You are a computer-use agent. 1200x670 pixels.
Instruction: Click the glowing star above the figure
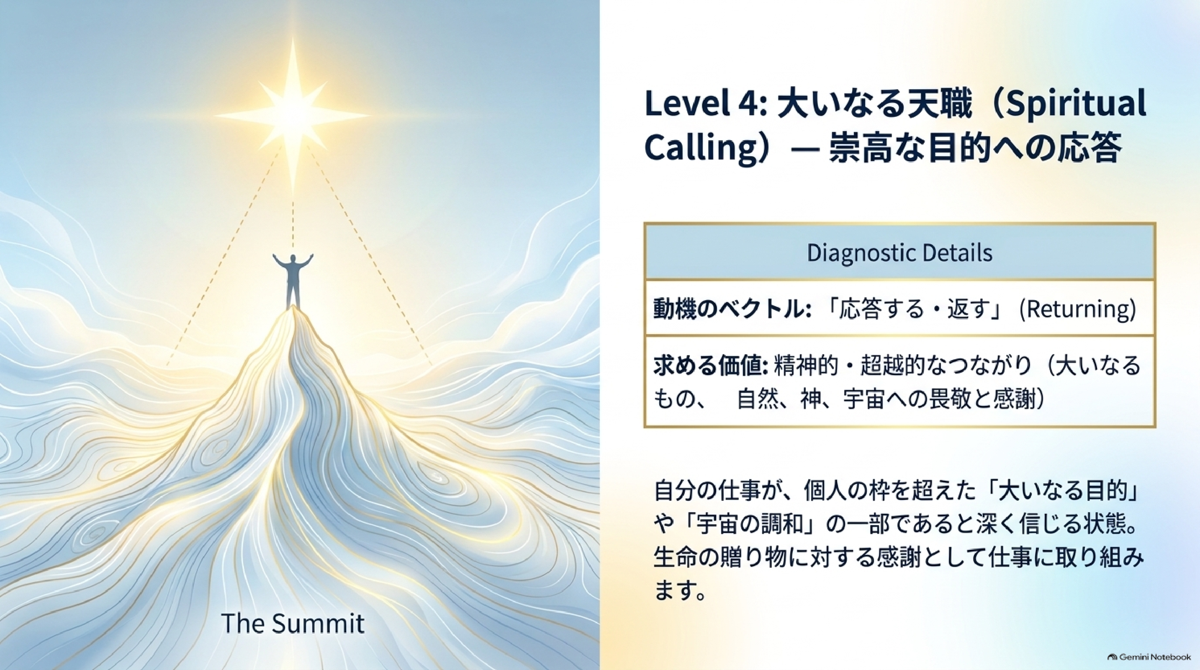pos(293,115)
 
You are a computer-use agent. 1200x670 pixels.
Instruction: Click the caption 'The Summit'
pos(293,624)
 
